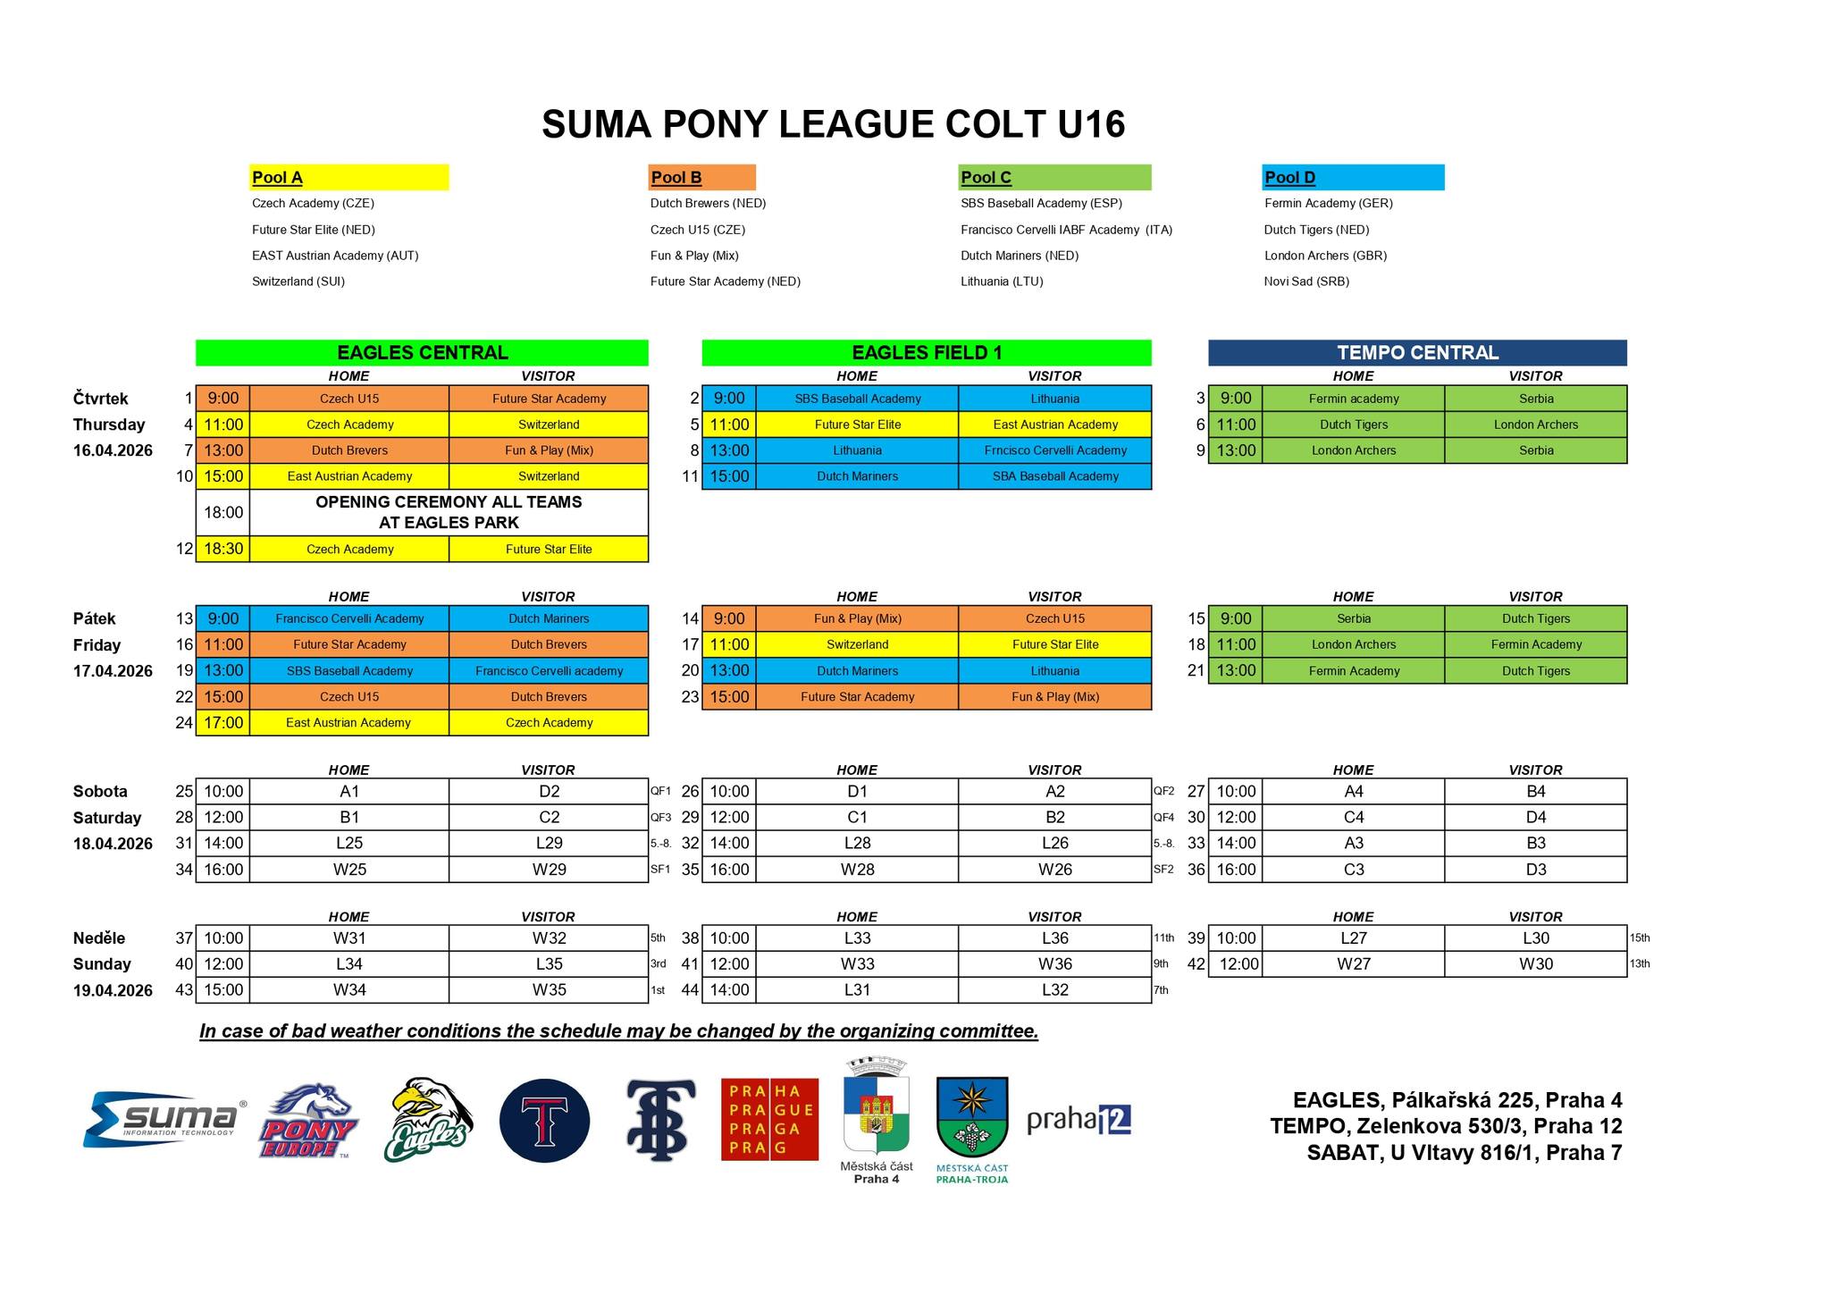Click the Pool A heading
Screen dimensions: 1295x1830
point(278,177)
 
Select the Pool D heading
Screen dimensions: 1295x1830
point(1290,177)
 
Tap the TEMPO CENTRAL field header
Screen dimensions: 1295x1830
point(1417,353)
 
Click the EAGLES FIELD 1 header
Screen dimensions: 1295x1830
point(927,353)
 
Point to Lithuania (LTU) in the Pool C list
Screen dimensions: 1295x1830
point(1002,282)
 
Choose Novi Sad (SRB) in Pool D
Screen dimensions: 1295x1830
point(1306,282)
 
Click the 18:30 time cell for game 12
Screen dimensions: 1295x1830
point(223,549)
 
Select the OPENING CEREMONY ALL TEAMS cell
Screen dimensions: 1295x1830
point(449,512)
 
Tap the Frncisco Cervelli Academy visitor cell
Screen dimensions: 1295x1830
point(1054,450)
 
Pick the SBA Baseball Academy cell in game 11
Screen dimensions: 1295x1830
point(1054,476)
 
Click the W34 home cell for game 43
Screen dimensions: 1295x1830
point(349,989)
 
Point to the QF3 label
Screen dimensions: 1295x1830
point(660,818)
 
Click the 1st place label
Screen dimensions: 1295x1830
point(658,990)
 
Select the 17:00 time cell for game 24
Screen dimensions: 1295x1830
point(223,722)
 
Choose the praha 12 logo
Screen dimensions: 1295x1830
point(1079,1119)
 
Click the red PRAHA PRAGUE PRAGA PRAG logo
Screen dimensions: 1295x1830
point(769,1119)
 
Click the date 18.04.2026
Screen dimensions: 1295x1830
point(113,844)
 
